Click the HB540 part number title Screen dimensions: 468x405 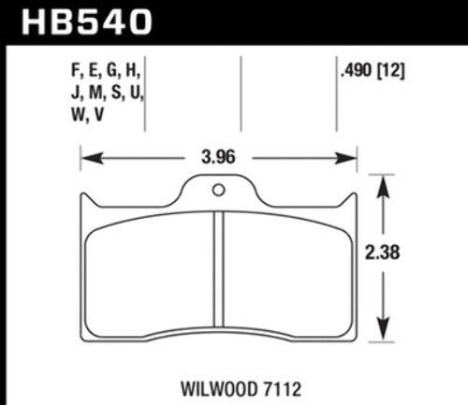[87, 22]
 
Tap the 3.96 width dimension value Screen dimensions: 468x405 [218, 157]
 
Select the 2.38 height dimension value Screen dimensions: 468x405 [382, 253]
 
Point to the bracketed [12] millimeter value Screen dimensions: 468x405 [391, 71]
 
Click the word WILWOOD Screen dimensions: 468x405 [217, 389]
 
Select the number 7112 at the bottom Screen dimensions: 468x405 [280, 389]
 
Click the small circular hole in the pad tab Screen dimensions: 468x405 [218, 190]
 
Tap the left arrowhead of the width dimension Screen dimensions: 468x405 [92, 158]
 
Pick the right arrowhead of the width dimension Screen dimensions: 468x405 [345, 158]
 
